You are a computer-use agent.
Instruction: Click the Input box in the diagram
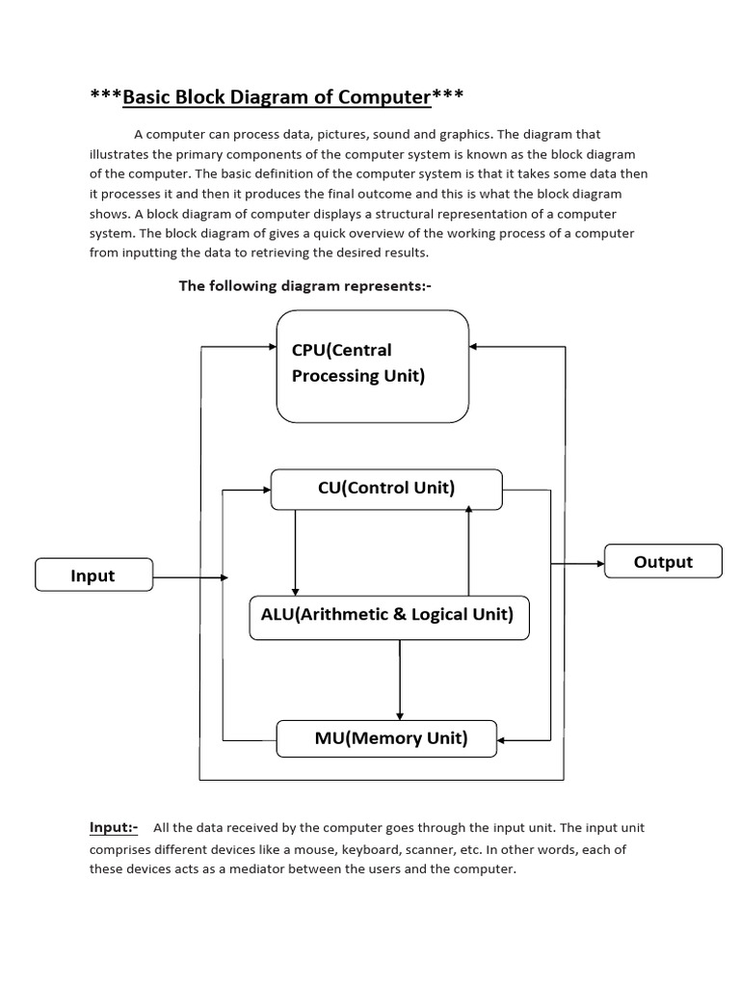coord(93,575)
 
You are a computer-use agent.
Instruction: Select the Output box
coord(663,562)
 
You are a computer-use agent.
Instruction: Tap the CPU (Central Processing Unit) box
coord(372,365)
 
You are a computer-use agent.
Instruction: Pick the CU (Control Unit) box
coord(386,489)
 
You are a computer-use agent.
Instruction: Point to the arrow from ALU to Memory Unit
coord(399,680)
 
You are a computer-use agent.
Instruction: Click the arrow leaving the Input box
coord(190,577)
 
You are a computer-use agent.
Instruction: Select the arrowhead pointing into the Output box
coord(599,562)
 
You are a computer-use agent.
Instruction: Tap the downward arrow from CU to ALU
coord(295,554)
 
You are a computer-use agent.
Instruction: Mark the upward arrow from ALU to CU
coord(468,549)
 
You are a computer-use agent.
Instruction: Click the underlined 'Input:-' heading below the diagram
coord(114,827)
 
